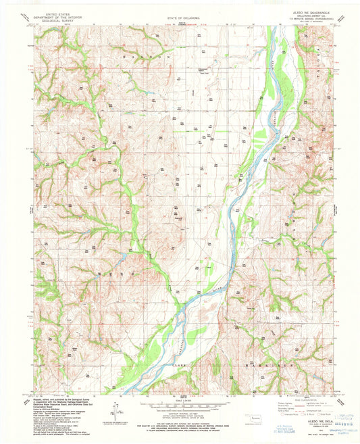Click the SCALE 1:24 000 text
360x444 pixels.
[180, 401]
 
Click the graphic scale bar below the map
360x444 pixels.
[180, 408]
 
